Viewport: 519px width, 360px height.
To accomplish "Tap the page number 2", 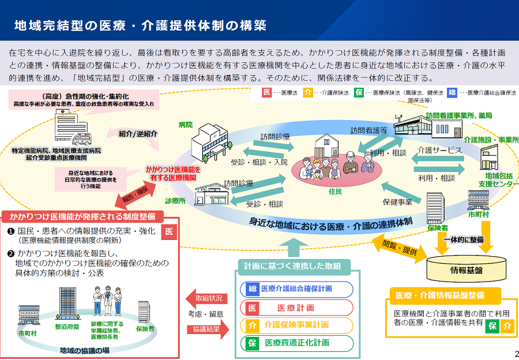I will pos(516,354).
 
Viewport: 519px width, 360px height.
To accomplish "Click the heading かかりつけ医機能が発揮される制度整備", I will pos(82,217).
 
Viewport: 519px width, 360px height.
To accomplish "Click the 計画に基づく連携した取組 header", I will pos(296,265).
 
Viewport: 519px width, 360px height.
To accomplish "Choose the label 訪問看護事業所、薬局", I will pos(458,115).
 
